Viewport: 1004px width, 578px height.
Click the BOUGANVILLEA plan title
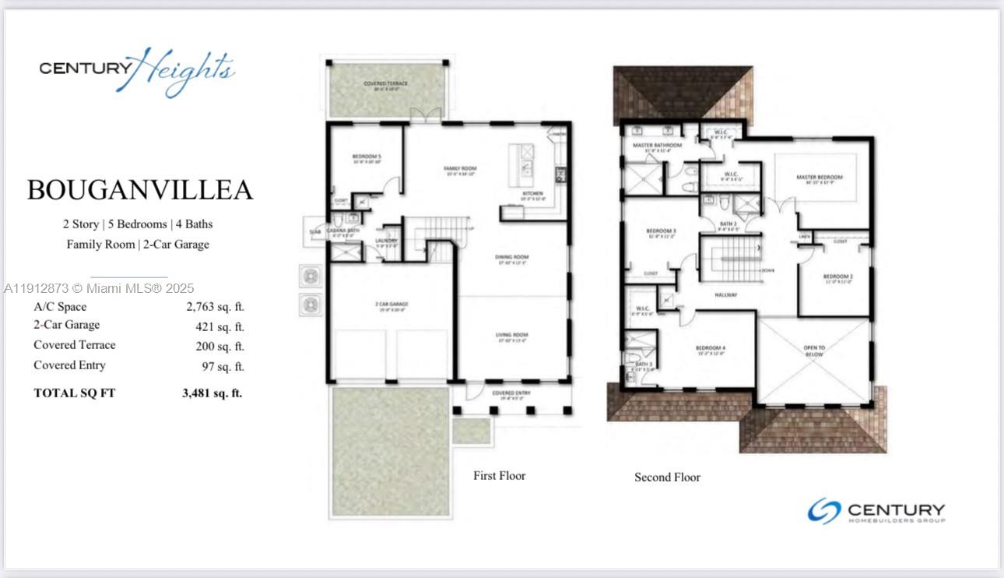pyautogui.click(x=140, y=190)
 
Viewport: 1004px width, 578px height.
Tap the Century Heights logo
pyautogui.click(x=137, y=70)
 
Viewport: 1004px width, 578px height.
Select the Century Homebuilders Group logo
pyautogui.click(x=876, y=511)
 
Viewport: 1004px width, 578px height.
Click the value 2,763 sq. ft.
pyautogui.click(x=215, y=307)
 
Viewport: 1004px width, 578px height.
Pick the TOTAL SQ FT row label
pyautogui.click(x=74, y=393)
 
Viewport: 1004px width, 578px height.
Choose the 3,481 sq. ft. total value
pyautogui.click(x=212, y=393)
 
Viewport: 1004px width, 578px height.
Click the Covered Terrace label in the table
pyautogui.click(x=74, y=345)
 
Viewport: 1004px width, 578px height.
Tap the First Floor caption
pyautogui.click(x=499, y=475)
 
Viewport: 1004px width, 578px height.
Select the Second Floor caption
pyautogui.click(x=667, y=477)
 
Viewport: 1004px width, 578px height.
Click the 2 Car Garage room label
pyautogui.click(x=392, y=305)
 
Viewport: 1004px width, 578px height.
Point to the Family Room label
pyautogui.click(x=460, y=168)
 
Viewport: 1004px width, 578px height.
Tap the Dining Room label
pyautogui.click(x=512, y=257)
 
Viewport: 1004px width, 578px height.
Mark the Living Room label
pyautogui.click(x=512, y=335)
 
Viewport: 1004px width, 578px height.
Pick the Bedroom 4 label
pyautogui.click(x=710, y=347)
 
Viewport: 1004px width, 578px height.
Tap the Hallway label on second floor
pyautogui.click(x=725, y=294)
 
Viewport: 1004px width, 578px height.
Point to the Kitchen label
pyautogui.click(x=532, y=193)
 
